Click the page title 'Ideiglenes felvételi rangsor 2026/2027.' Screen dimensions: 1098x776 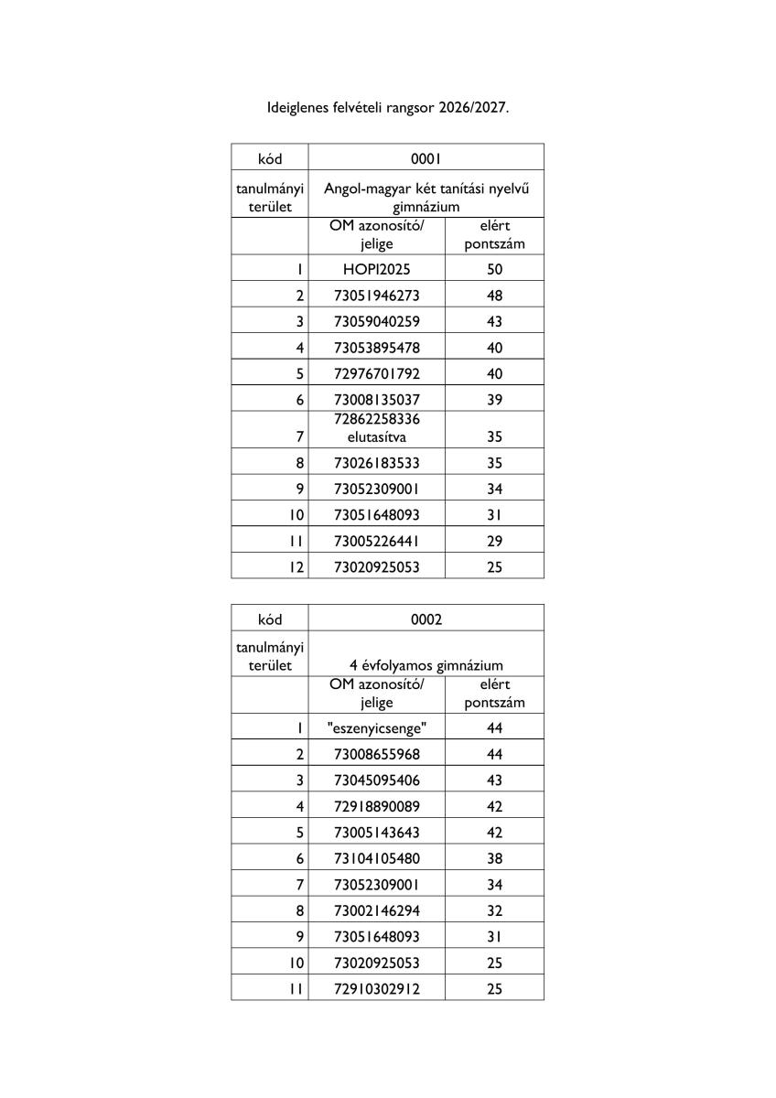[x=386, y=107]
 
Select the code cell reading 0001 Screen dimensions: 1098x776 [x=426, y=158]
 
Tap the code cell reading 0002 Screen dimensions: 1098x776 [x=426, y=619]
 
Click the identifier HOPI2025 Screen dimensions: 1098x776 [x=376, y=270]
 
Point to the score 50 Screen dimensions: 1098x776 [x=494, y=270]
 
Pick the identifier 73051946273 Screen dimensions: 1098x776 [x=376, y=296]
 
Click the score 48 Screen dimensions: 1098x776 [x=494, y=296]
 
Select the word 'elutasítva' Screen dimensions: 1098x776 [x=376, y=437]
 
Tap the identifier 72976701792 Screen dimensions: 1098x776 [x=376, y=373]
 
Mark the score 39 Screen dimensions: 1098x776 [x=494, y=400]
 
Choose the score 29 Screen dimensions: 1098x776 [x=494, y=541]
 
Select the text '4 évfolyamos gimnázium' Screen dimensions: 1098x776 [x=426, y=665]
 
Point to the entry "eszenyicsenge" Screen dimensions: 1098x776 [x=376, y=728]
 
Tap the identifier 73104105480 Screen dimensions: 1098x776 [x=376, y=858]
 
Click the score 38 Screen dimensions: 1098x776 [x=494, y=858]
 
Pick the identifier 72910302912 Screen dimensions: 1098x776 [x=376, y=989]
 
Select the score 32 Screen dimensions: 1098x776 [x=494, y=910]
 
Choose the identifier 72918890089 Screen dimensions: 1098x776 [x=376, y=806]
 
